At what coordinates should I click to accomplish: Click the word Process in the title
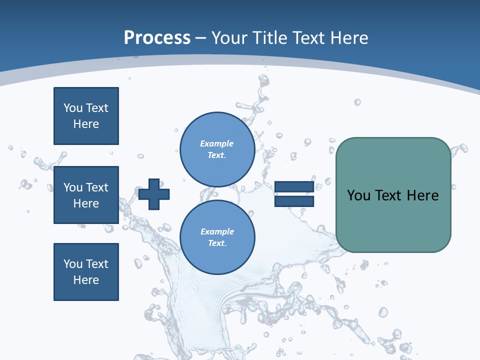(157, 38)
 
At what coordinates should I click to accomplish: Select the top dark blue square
(86, 116)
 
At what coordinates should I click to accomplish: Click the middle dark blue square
(86, 195)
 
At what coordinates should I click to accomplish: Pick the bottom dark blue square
(86, 272)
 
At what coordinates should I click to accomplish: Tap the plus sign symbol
(154, 194)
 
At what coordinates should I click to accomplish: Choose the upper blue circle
(217, 149)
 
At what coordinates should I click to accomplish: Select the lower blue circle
(217, 237)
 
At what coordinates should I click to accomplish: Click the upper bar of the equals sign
(294, 186)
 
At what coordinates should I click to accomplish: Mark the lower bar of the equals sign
(294, 201)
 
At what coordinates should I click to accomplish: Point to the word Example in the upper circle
(217, 143)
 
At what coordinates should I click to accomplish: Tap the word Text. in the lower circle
(217, 243)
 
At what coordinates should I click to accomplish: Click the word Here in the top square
(86, 124)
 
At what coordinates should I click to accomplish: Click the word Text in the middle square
(96, 187)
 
